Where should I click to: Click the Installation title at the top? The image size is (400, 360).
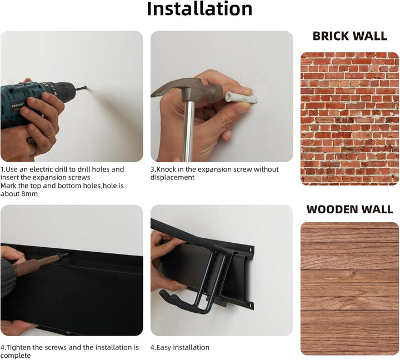199,9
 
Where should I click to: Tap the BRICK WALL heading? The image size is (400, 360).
350,36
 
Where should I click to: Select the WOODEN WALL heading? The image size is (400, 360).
350,209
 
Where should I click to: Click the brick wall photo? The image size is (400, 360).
350,119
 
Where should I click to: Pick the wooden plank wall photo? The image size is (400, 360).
350,288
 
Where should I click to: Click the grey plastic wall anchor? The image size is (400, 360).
241,98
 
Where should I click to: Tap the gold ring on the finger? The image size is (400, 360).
51,133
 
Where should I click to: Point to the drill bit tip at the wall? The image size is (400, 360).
86,88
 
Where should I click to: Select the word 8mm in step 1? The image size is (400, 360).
29,194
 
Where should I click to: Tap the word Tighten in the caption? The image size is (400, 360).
18,347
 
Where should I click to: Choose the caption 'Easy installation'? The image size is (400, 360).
183,347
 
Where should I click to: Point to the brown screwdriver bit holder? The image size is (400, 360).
36,265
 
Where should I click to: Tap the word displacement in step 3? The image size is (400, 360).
172,178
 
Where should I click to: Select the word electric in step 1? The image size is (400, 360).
41,169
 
